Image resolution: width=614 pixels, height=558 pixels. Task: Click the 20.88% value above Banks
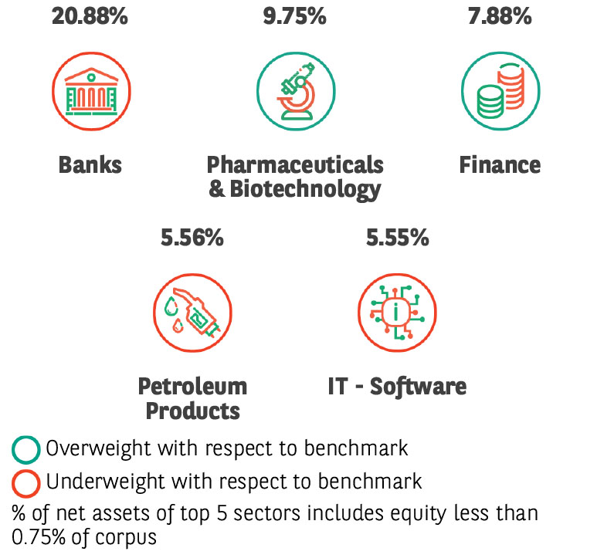[x=90, y=16]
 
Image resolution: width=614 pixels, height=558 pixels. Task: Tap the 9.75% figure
[x=294, y=16]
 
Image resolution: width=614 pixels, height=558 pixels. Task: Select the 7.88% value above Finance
[x=500, y=16]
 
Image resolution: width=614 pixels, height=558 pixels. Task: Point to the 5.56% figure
[x=192, y=238]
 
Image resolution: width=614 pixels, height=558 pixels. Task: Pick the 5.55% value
[x=398, y=238]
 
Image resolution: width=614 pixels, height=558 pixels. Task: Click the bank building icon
[x=91, y=92]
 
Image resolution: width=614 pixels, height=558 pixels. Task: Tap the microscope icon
[x=297, y=91]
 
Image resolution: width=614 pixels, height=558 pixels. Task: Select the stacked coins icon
[x=500, y=91]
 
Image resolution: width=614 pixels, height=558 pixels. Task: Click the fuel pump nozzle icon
[x=192, y=312]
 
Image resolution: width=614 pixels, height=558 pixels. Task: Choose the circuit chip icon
[x=397, y=313]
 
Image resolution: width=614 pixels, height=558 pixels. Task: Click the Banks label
[x=90, y=164]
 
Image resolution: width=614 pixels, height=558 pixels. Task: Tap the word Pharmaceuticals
[x=295, y=164]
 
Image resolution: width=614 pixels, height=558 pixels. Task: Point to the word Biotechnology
[x=305, y=190]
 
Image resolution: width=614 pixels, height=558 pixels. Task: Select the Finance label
[x=500, y=164]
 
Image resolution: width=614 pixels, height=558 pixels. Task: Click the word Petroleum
[x=192, y=387]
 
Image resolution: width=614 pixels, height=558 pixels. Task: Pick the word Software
[x=418, y=387]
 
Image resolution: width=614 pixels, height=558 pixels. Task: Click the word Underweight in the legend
[x=105, y=482]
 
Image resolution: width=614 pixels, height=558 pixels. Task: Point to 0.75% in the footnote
[x=39, y=537]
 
